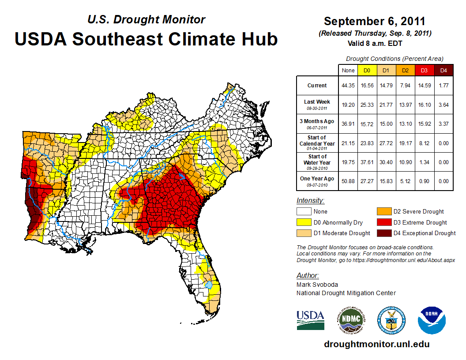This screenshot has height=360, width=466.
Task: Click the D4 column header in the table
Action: point(444,70)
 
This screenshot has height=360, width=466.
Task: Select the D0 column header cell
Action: point(367,70)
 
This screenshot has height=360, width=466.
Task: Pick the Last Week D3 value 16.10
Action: point(424,105)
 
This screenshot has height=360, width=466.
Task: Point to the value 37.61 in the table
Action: point(367,162)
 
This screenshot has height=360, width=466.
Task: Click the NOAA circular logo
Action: point(432,320)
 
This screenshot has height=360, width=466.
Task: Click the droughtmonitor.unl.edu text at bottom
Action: point(376,344)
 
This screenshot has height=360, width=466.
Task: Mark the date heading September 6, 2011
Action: point(375,21)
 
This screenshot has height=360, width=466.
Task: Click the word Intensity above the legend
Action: point(310,201)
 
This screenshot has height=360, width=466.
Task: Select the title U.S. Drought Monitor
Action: point(146,19)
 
